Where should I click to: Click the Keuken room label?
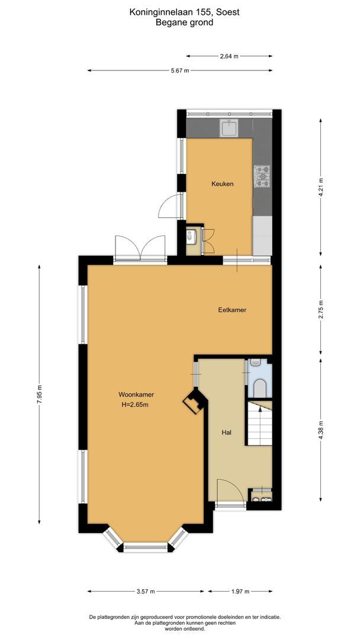(x=222, y=184)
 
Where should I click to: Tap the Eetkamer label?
(x=232, y=310)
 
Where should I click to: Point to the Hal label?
(x=226, y=433)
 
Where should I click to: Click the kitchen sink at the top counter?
(x=229, y=127)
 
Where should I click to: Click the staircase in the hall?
(x=259, y=425)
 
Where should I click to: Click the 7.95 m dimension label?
(x=40, y=394)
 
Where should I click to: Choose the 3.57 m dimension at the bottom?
(x=144, y=591)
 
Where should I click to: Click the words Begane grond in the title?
(x=184, y=22)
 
